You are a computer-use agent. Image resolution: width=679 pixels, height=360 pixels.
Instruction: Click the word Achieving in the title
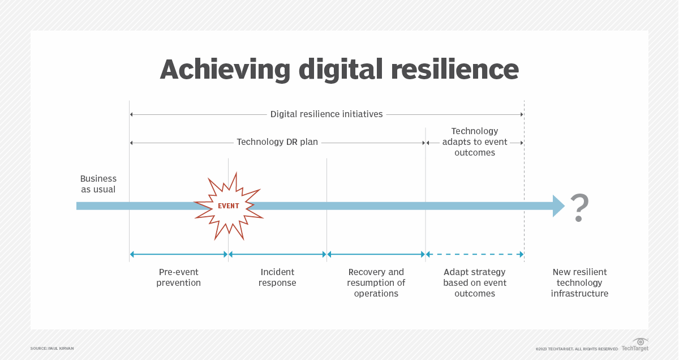225,70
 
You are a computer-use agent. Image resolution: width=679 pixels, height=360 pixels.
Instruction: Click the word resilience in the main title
455,70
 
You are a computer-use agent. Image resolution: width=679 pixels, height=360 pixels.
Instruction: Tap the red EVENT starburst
229,206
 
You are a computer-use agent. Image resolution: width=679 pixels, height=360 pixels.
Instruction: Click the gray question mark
579,208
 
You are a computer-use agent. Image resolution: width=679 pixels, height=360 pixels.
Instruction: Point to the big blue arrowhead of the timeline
558,206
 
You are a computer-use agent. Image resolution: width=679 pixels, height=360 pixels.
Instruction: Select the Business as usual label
98,184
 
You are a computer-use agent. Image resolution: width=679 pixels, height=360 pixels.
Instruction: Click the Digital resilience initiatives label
326,114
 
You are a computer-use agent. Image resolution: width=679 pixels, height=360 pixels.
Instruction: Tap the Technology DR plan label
277,142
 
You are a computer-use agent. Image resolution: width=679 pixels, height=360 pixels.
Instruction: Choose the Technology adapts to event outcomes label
475,142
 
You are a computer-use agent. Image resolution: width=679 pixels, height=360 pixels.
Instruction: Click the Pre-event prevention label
179,277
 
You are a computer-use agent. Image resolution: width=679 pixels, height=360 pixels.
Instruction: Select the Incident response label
277,277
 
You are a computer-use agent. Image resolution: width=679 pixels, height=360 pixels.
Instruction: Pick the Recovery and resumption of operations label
376,282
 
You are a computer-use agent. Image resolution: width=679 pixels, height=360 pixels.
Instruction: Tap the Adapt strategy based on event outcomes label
475,282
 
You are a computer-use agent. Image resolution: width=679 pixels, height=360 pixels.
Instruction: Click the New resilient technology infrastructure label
579,282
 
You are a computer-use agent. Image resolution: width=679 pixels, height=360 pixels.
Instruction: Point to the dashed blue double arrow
475,255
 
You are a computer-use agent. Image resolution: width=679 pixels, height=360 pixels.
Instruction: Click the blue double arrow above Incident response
277,255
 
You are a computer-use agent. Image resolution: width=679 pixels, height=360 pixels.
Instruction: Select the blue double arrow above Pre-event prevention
179,255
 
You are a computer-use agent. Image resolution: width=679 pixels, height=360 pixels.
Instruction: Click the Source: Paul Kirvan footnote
52,349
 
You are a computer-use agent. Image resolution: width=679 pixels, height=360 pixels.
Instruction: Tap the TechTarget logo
635,345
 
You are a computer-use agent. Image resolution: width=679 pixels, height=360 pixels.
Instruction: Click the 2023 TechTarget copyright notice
577,349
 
